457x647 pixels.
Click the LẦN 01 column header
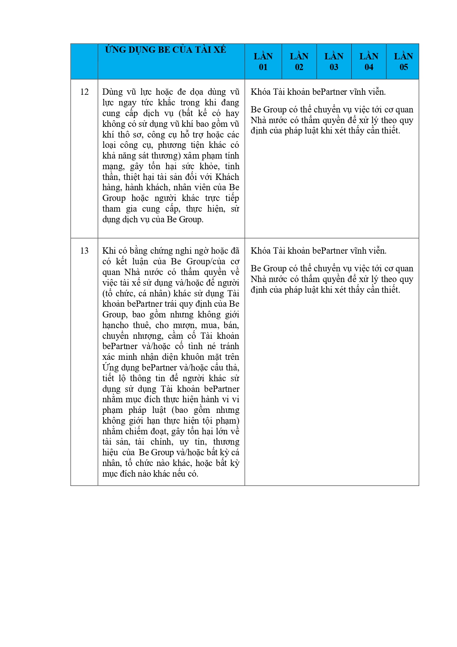263,62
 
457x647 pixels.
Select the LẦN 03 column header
334,62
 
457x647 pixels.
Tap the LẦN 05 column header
403,62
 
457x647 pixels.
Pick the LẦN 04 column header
369,62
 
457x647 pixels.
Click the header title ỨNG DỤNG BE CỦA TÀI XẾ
165,50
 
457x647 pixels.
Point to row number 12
84,92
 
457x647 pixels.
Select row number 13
84,251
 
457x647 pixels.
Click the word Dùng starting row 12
112,92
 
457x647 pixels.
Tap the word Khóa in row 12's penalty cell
261,92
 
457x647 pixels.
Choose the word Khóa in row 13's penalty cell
261,251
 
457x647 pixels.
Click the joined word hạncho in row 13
115,325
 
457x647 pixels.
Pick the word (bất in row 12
186,113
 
